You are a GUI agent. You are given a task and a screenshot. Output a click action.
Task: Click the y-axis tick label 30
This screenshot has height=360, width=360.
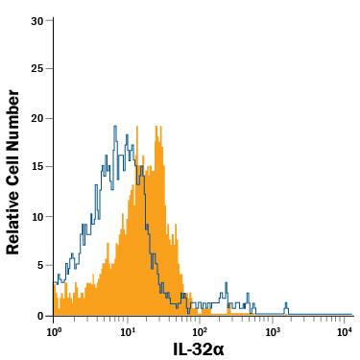coord(36,20)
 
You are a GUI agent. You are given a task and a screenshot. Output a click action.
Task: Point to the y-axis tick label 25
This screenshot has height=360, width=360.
coord(36,69)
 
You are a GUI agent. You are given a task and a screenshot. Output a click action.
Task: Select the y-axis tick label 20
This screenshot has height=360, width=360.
coord(36,118)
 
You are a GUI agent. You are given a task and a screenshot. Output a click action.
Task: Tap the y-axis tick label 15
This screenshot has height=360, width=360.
coord(36,167)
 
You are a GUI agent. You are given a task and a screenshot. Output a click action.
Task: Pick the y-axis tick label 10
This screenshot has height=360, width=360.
coord(36,216)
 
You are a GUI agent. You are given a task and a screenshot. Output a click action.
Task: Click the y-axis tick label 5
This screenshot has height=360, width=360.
coord(39,266)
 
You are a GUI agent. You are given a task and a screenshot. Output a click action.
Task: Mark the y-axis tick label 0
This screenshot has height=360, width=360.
coord(39,315)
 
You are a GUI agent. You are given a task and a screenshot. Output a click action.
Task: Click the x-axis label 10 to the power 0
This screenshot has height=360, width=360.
coord(54,331)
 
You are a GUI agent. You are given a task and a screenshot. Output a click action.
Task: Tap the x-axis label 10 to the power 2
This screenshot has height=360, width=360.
coord(199,331)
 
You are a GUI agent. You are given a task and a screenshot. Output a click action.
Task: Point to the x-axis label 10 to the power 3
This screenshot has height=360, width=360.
coord(272,331)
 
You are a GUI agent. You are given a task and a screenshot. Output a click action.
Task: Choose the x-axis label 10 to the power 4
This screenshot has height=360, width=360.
coord(345,331)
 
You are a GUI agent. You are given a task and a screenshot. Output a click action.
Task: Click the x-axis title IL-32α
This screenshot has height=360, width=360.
coord(198,348)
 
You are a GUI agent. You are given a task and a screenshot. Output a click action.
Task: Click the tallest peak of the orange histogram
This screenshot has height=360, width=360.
coord(139,127)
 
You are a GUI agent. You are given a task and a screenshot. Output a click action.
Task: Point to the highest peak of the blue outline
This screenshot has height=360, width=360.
coord(115,126)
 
